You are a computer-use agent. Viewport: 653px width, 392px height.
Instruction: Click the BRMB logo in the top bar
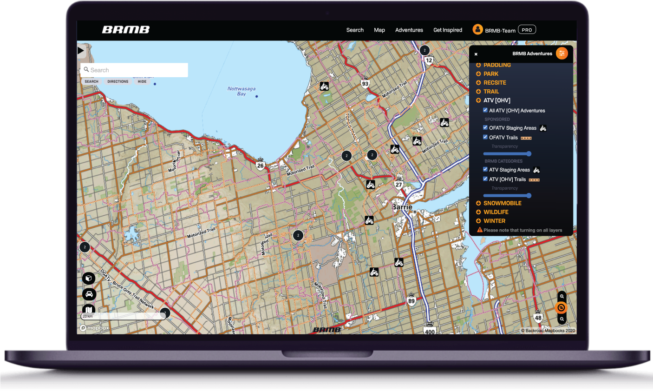coord(125,30)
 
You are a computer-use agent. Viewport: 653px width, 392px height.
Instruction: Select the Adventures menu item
coord(409,30)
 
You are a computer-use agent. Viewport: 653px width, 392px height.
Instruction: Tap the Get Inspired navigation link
coord(447,30)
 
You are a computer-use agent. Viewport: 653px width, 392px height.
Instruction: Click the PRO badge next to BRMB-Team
coord(527,30)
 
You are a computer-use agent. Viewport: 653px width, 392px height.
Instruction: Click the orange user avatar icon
coord(477,29)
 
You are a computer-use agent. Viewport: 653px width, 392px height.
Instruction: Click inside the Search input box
coord(137,70)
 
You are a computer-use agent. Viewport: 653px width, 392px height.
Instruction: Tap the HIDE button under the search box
coord(142,82)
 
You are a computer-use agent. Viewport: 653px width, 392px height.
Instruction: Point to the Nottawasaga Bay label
coord(241,91)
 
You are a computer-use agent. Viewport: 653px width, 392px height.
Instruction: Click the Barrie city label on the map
coord(402,207)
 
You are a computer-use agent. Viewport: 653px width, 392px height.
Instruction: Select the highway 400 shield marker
coord(430,331)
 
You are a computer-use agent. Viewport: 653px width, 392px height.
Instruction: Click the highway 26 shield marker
coord(261,165)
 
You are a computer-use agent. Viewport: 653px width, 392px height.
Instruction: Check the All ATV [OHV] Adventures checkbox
coord(485,111)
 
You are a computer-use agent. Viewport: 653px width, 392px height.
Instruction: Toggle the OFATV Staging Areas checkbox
coord(485,128)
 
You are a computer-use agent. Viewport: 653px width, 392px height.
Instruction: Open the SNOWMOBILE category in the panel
coord(502,203)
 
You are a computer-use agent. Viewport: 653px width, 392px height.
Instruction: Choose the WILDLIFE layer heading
coord(496,212)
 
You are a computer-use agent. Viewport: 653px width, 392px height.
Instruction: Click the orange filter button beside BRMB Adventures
coord(562,53)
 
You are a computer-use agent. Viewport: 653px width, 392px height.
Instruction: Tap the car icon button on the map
coord(89,294)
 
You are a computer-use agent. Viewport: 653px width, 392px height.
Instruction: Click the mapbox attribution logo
coord(95,328)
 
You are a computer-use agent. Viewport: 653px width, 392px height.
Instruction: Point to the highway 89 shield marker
coord(411,301)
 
